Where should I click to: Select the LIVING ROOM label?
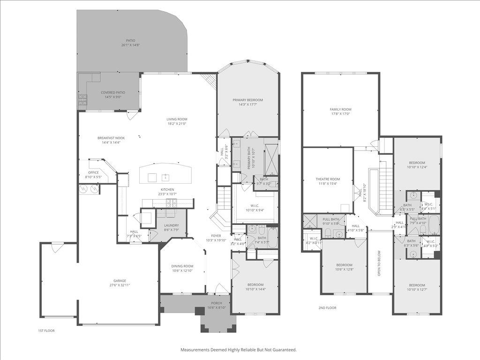[x=177, y=119]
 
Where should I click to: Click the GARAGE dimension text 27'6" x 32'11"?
[x=120, y=285]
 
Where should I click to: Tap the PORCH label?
[x=216, y=303]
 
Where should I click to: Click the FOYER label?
[x=216, y=236]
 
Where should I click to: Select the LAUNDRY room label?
[x=171, y=225]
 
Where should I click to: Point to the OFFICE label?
[x=94, y=172]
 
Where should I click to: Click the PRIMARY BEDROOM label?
[x=247, y=100]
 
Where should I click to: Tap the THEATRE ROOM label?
[x=328, y=179]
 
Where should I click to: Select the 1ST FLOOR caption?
[x=46, y=330]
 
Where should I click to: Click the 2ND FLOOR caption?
[x=327, y=308]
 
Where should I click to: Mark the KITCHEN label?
[x=167, y=189]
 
